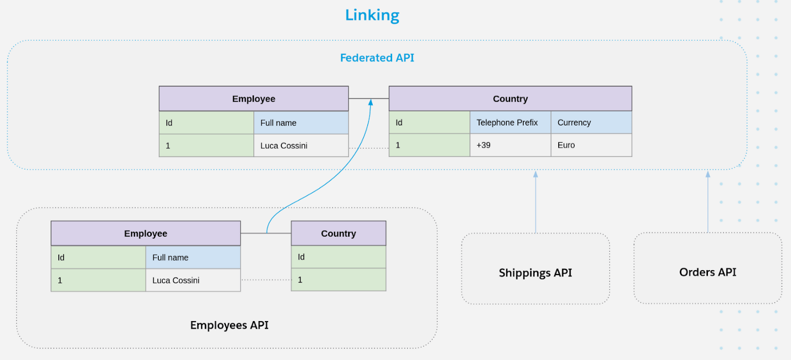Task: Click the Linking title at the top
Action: [x=372, y=15]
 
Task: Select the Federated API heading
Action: [x=377, y=58]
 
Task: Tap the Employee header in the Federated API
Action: [x=254, y=99]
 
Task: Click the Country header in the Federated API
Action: [x=510, y=99]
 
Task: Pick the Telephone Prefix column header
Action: [x=507, y=123]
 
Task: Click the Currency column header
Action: [x=574, y=123]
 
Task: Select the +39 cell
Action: [x=483, y=145]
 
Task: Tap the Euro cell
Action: [x=566, y=145]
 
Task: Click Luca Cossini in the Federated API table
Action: [x=284, y=146]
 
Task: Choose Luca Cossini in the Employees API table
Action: [x=176, y=280]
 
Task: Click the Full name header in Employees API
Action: [x=170, y=258]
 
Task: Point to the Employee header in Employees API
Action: [x=146, y=233]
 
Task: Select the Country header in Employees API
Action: [x=338, y=233]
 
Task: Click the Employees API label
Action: [x=229, y=325]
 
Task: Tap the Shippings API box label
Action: [x=535, y=273]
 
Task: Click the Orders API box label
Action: [x=707, y=272]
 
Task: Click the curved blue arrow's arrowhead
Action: [x=371, y=102]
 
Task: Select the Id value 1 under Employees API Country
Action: [x=301, y=280]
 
